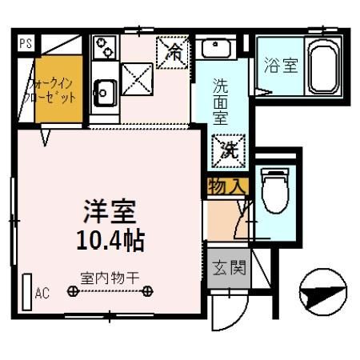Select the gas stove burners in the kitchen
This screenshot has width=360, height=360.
pyautogui.click(x=104, y=50)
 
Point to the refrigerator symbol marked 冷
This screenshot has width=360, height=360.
pyautogui.click(x=174, y=53)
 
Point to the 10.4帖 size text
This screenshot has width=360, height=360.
pyautogui.click(x=111, y=238)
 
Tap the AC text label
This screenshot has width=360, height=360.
pyautogui.click(x=42, y=294)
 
